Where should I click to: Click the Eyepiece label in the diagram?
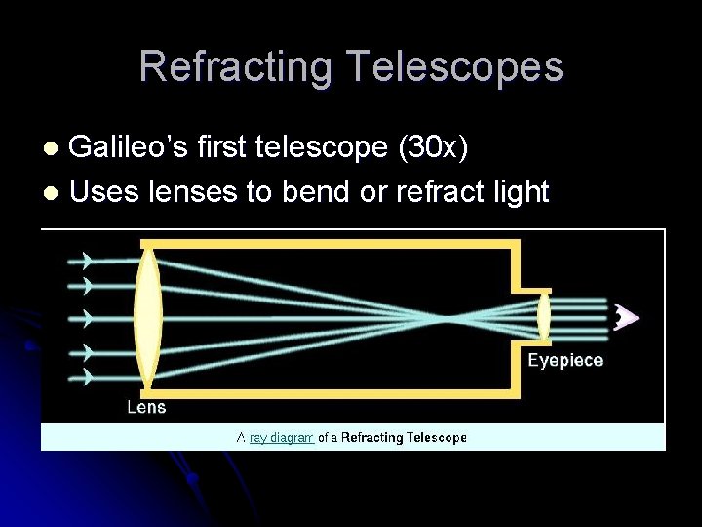(565, 360)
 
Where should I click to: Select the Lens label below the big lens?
(146, 406)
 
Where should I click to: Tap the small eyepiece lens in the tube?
(543, 317)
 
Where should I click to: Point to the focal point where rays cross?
(448, 318)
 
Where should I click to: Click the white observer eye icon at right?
(626, 317)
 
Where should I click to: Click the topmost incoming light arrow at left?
(88, 261)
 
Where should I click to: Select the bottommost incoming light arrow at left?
(88, 375)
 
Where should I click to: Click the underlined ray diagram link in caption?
(281, 438)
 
